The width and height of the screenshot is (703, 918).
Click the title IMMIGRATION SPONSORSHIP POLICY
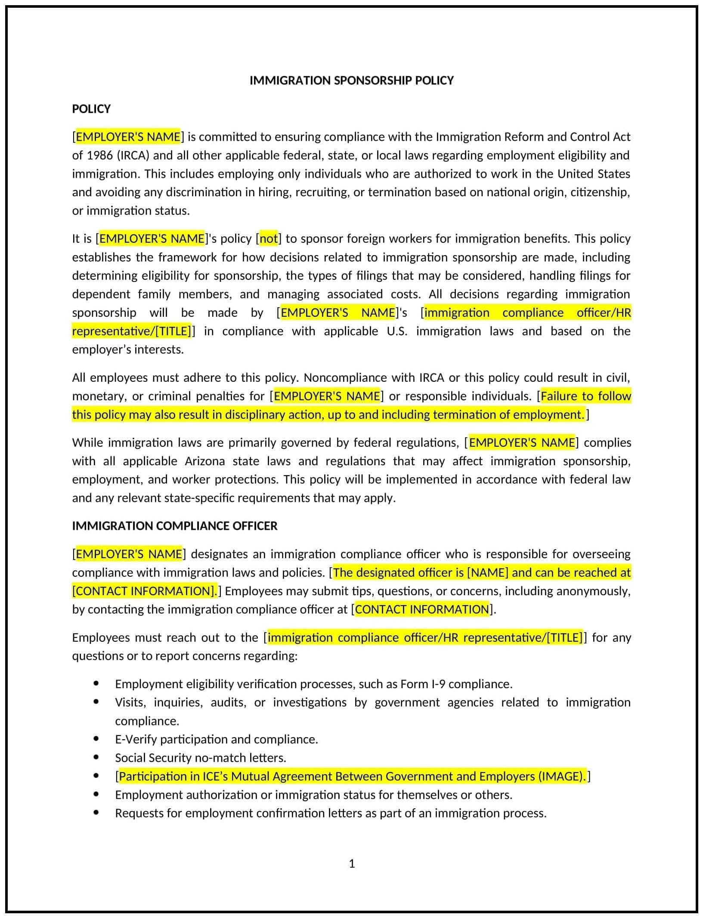click(x=351, y=80)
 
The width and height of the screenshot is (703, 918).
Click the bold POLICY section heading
click(x=91, y=109)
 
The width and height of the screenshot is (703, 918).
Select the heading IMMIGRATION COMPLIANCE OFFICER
click(x=174, y=526)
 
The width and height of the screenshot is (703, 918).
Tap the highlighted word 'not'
click(x=269, y=239)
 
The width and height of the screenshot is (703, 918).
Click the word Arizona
click(x=204, y=461)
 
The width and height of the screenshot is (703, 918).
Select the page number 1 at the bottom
click(x=351, y=864)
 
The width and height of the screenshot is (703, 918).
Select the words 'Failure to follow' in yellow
click(x=585, y=396)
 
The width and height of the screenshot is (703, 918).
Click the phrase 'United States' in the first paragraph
click(x=594, y=174)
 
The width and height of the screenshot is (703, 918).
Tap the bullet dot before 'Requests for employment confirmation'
click(x=96, y=813)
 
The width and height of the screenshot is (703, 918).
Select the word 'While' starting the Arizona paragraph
click(x=87, y=443)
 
